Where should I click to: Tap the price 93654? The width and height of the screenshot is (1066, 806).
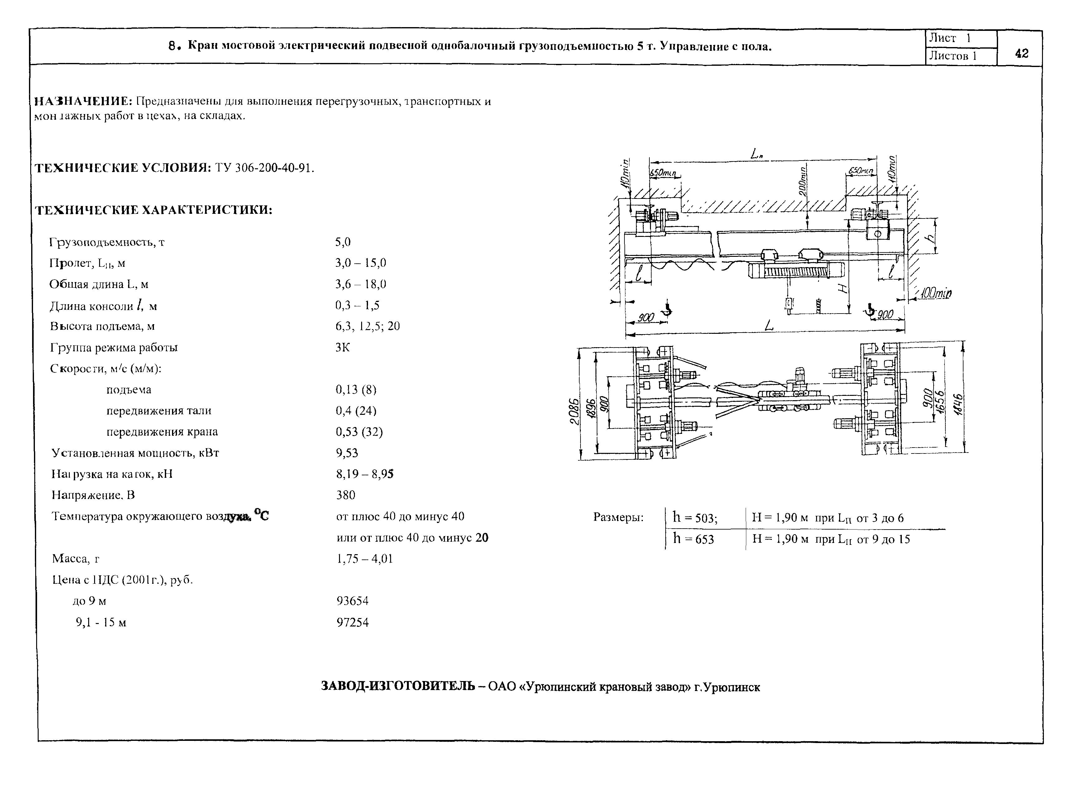[x=352, y=601]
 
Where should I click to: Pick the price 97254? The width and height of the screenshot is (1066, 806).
[x=352, y=622]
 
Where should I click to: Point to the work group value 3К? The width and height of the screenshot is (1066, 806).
[x=343, y=347]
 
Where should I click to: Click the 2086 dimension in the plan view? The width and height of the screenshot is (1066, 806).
[x=573, y=411]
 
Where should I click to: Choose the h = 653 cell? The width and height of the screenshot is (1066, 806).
[x=694, y=539]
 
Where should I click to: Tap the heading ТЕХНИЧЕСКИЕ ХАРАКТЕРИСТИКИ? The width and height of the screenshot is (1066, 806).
[x=154, y=210]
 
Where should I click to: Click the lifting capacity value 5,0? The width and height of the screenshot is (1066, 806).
[x=343, y=242]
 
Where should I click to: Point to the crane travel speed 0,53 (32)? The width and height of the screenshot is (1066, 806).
[x=359, y=431]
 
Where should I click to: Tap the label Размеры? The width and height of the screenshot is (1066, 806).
[x=618, y=518]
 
